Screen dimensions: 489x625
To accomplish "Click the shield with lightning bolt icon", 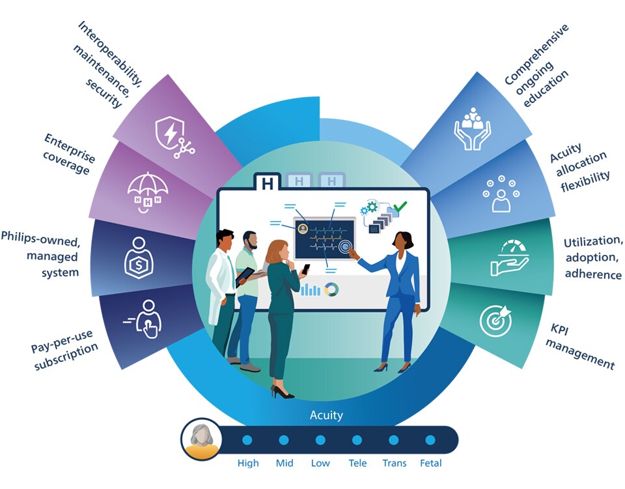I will [171, 135].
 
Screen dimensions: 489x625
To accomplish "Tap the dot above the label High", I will [247, 440].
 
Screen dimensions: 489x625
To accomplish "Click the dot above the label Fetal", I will [430, 440].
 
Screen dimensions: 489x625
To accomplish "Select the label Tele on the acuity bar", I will [357, 464].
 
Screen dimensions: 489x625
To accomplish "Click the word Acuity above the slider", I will [326, 415].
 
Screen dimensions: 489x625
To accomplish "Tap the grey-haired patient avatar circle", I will [201, 439].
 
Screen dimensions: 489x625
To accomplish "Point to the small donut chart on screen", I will [332, 289].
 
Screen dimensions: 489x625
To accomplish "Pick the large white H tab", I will [267, 183].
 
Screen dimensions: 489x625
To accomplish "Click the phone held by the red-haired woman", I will [307, 268].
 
